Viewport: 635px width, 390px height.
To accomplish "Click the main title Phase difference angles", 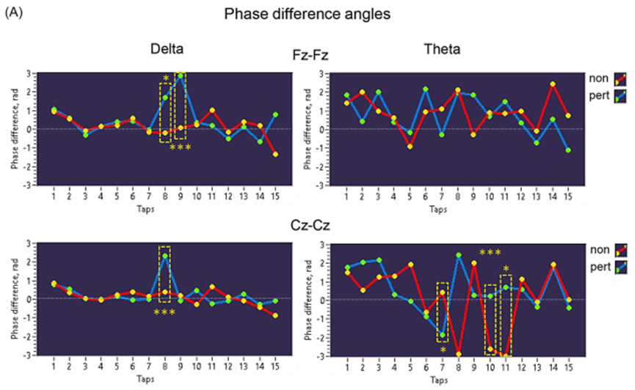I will [x=317, y=14].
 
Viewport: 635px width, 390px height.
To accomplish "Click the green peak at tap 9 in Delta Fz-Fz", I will [x=181, y=76].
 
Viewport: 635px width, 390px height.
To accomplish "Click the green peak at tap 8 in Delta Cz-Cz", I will [x=165, y=256].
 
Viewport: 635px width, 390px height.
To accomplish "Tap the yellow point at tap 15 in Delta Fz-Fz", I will [x=275, y=154].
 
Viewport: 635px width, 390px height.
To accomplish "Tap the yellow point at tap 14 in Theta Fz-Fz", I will [x=552, y=84].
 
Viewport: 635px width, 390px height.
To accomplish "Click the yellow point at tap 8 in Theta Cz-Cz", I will [x=458, y=354].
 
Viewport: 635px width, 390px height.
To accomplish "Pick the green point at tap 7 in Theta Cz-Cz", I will [x=443, y=335].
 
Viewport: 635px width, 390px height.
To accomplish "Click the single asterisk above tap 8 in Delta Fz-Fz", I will [x=165, y=78].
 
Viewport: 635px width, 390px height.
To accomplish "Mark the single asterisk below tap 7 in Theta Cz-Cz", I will [x=443, y=350].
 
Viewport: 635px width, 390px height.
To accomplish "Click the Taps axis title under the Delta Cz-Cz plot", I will [x=165, y=380].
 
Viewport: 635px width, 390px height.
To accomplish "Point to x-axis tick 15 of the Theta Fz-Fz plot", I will [x=567, y=198].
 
